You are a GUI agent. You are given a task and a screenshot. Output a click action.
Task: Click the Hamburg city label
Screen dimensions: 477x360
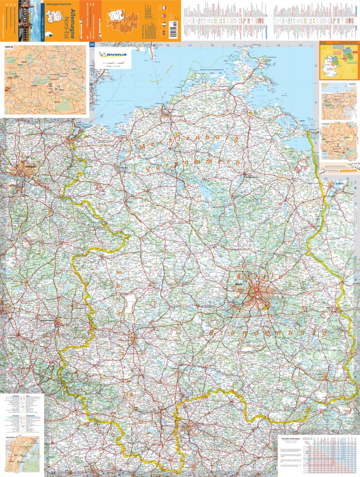click(30, 167)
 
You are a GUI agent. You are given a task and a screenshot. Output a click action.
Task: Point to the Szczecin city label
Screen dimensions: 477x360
click(339, 183)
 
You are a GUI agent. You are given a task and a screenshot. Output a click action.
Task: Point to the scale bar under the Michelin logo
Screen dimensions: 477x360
click(112, 63)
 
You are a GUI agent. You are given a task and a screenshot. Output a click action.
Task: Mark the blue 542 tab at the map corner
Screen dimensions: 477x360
click(92, 44)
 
